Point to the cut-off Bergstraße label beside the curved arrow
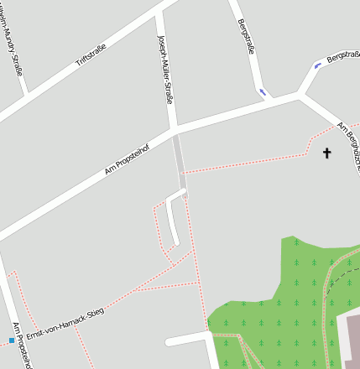tap(343, 56)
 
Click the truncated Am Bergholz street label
tap(347, 146)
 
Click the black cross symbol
tap(327, 153)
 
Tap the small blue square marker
tap(12, 340)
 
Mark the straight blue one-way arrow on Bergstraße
tap(263, 91)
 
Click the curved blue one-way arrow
tap(317, 65)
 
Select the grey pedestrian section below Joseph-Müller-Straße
tap(180, 164)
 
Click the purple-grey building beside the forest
tap(352, 340)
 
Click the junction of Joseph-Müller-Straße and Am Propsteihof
tap(174, 131)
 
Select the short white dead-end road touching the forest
tap(186, 340)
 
